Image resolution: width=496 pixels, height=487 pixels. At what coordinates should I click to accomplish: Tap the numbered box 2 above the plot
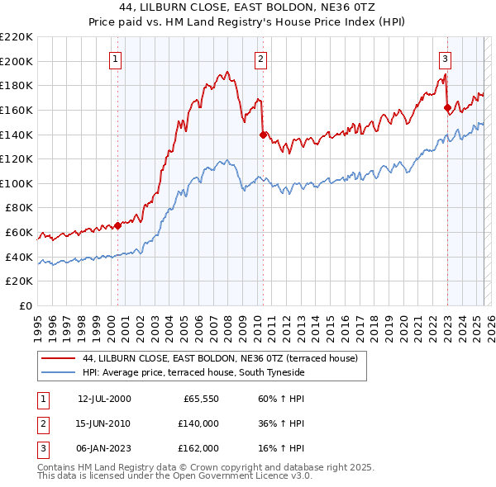click(260, 59)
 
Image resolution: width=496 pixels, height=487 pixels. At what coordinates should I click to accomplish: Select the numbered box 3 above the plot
click(445, 59)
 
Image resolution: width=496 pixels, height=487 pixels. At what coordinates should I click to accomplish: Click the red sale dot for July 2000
click(118, 225)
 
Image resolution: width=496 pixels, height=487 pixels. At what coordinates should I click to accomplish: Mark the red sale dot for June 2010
click(263, 134)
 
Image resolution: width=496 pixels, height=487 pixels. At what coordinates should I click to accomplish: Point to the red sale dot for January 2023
click(447, 106)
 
